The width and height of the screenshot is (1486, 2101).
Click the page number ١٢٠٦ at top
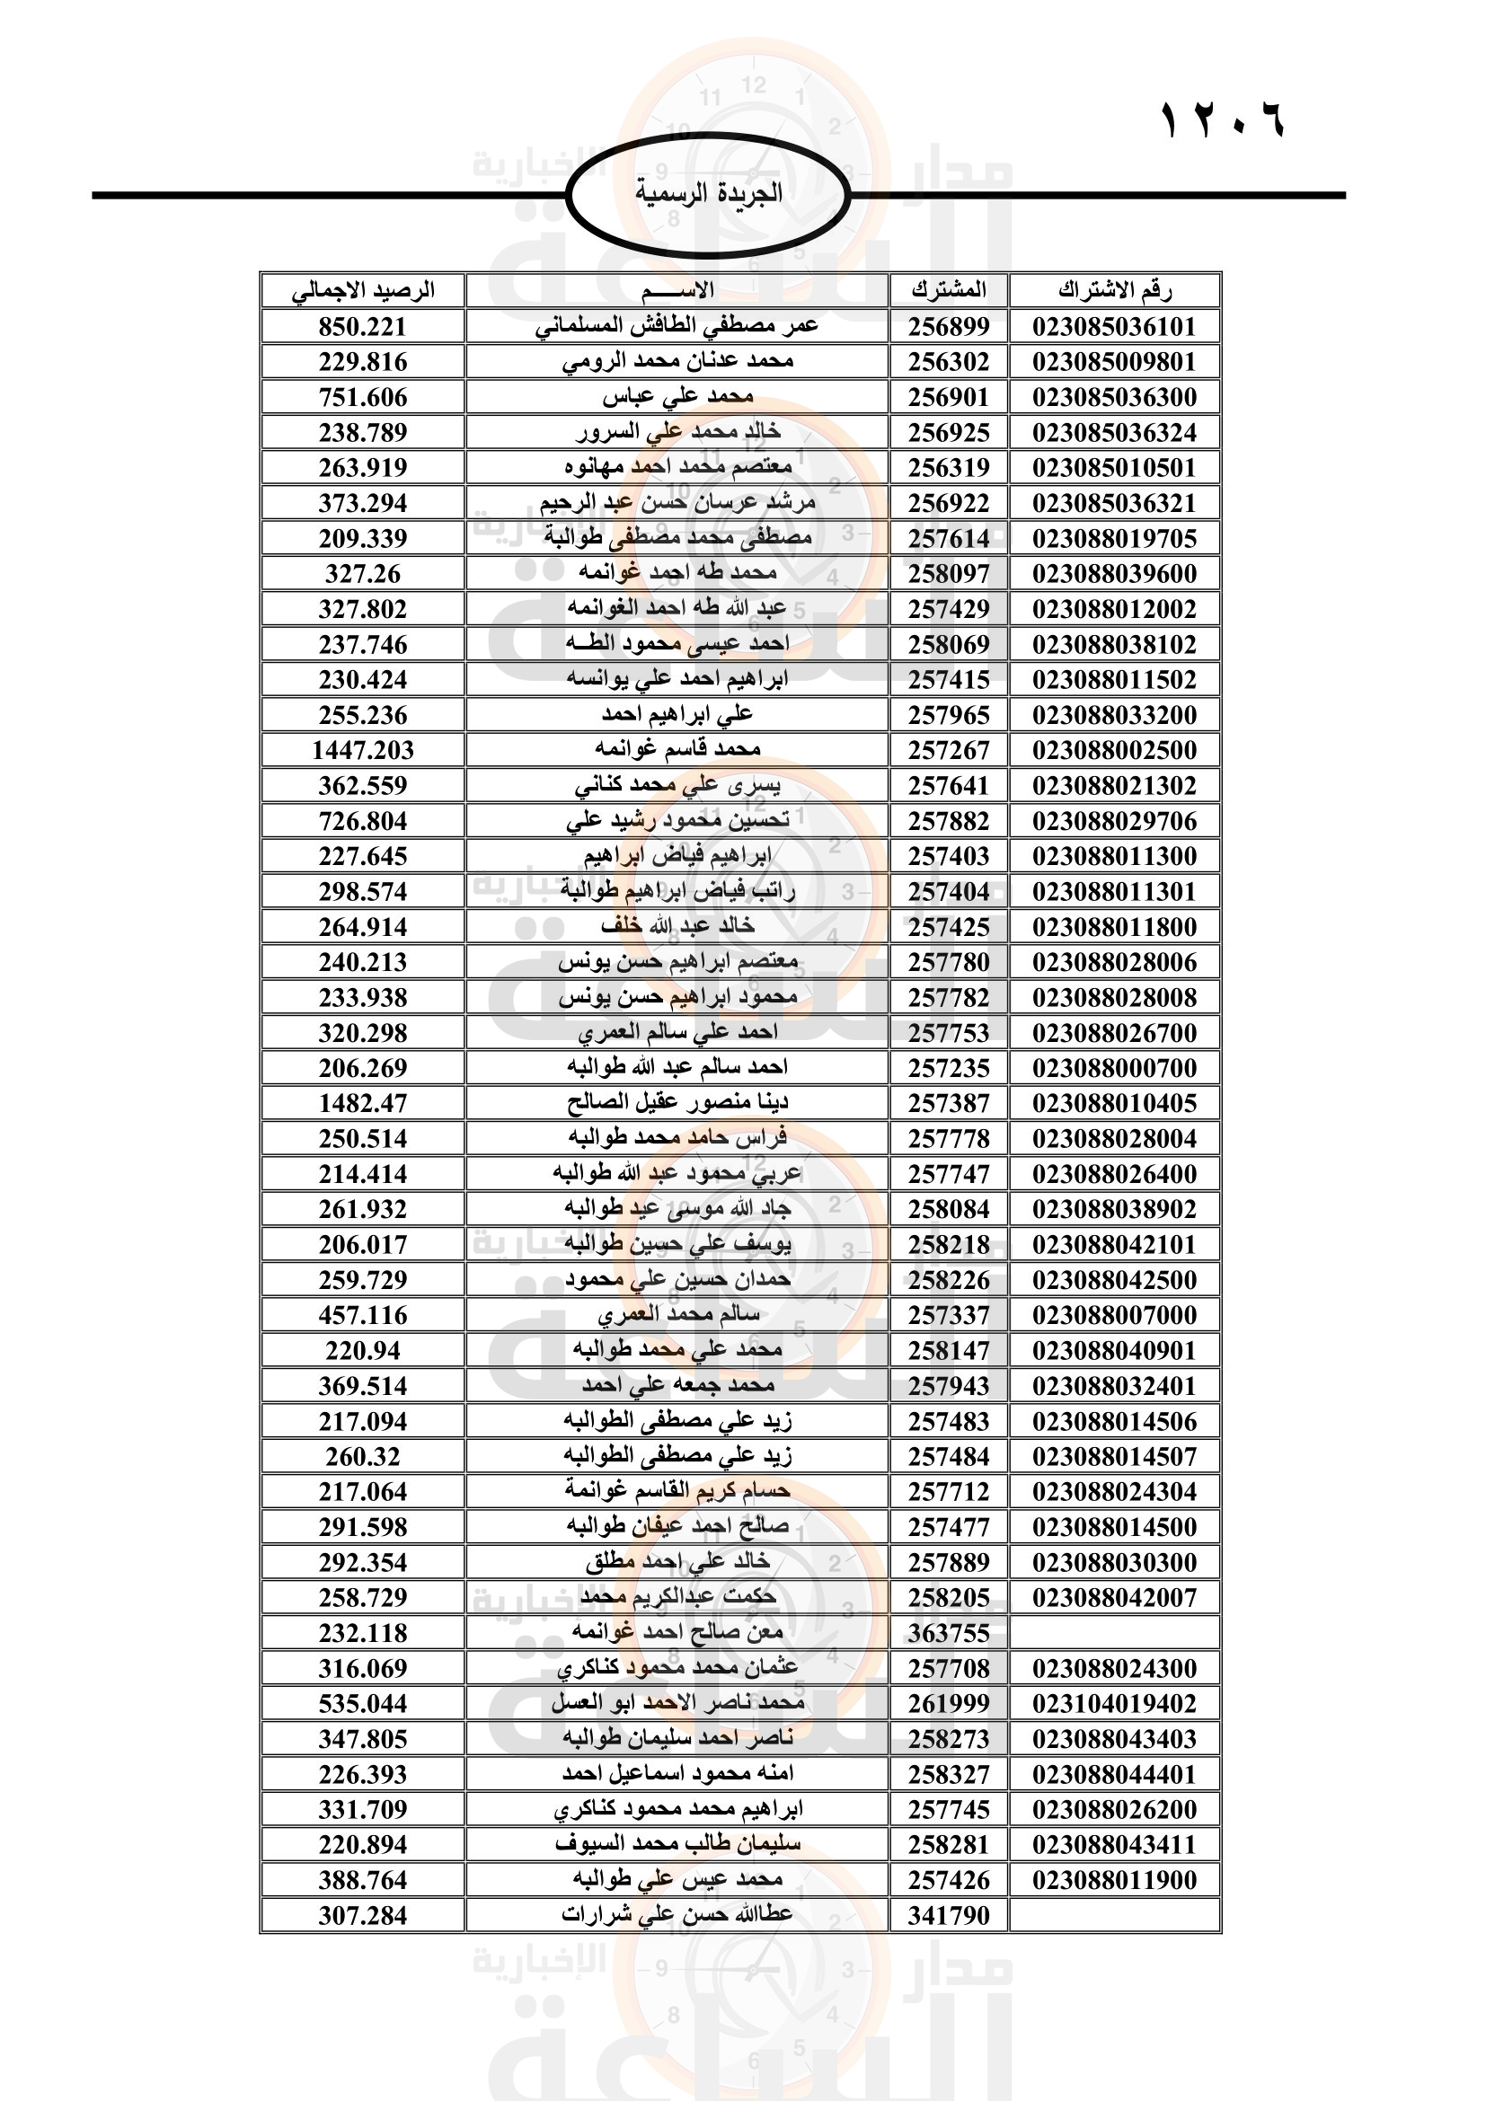point(1223,119)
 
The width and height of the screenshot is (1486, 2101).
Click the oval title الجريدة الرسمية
point(709,193)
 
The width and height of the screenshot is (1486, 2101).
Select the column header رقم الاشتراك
point(1114,291)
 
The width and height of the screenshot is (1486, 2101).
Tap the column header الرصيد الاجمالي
point(363,291)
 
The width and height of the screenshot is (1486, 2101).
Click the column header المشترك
point(949,291)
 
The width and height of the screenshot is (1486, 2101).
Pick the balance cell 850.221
point(362,327)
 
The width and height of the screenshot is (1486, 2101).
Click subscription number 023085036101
point(1114,327)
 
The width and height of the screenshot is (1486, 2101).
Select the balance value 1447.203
point(362,750)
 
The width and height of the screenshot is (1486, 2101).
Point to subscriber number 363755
point(949,1633)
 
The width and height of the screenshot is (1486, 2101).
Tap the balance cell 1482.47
point(362,1104)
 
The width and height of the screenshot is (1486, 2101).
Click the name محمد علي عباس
point(677,397)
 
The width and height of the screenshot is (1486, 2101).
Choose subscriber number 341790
point(949,1915)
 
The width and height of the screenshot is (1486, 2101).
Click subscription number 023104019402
point(1114,1704)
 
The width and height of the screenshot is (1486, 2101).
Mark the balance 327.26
point(362,574)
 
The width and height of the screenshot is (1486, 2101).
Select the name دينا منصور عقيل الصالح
point(677,1104)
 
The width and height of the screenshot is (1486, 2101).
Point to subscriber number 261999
point(949,1704)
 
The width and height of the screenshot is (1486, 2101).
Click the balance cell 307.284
point(362,1915)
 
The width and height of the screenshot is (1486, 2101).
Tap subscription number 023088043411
point(1114,1845)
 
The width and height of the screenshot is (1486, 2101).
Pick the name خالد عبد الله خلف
point(677,927)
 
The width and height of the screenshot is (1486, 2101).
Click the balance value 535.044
point(362,1704)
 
